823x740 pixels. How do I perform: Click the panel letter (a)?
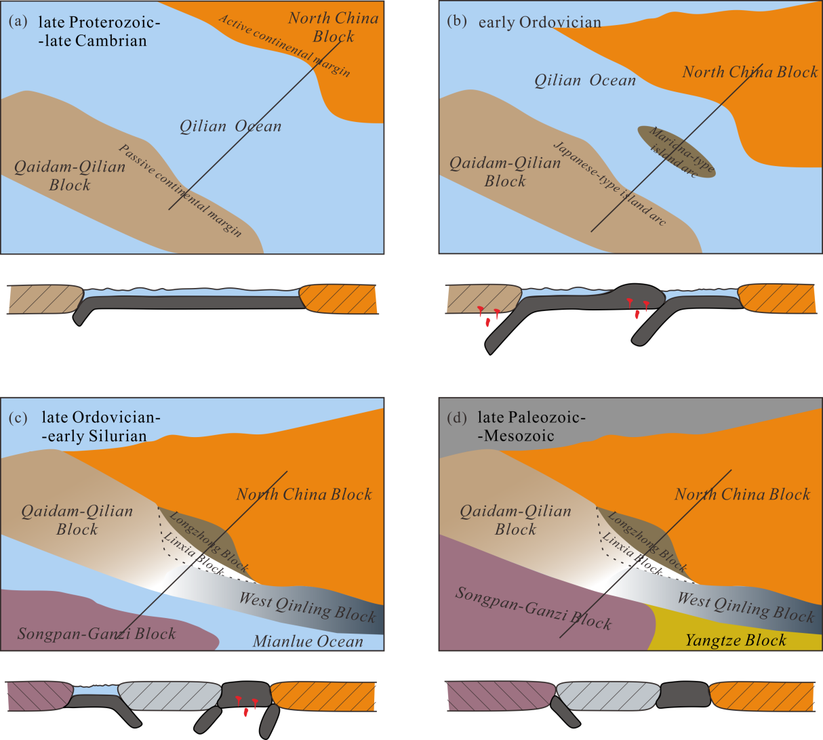coord(18,21)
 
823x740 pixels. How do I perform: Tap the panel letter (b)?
coord(458,21)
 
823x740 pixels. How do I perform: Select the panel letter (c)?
coord(18,417)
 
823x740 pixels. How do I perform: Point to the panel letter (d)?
coord(458,417)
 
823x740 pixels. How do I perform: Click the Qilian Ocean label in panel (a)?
coord(230,126)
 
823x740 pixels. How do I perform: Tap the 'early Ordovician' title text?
coord(540,22)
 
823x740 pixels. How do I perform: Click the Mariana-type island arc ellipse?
coord(676,152)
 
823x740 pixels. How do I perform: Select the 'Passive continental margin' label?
coord(180,191)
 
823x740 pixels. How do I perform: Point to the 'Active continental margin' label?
coord(285,45)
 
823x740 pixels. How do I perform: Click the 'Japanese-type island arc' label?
coord(609,184)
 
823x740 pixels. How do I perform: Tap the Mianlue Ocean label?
coord(308,641)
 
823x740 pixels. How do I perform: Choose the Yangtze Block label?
coord(736,640)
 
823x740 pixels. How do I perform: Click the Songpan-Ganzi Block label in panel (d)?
coord(533,608)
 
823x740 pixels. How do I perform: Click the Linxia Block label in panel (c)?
coord(193,554)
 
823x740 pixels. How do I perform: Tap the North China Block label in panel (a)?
coord(334,27)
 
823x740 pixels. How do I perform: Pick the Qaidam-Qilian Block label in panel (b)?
coord(505,172)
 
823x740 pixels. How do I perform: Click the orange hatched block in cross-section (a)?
coord(338,299)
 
